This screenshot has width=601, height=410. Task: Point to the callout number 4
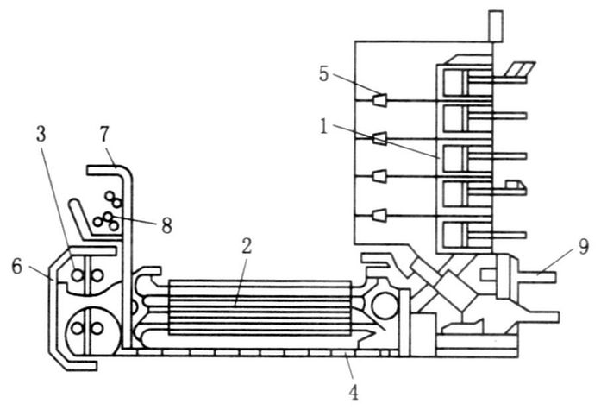tap(352, 393)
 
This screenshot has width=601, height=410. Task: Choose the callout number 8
tap(166, 225)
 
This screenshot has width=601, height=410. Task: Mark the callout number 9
tap(584, 249)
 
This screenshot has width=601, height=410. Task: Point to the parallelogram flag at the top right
tap(520, 69)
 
